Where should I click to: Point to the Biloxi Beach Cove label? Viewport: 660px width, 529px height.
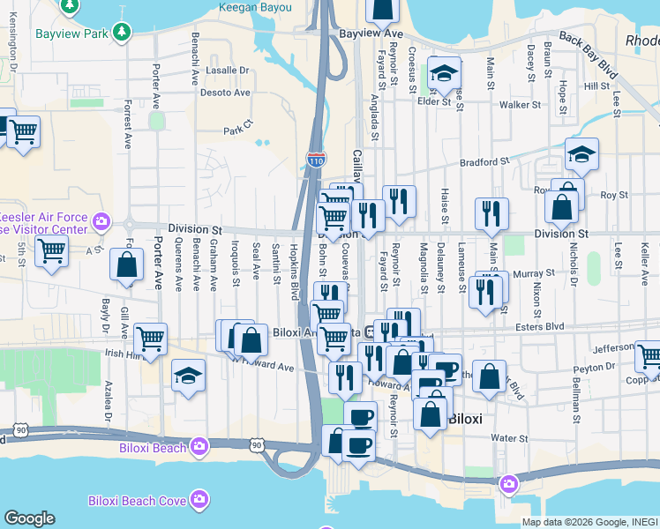[137, 501]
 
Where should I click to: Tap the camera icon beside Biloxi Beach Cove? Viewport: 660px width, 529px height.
[201, 500]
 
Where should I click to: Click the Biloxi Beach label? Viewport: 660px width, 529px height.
[153, 447]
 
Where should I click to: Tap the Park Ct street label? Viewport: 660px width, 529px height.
[237, 130]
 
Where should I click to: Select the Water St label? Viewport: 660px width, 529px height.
[509, 437]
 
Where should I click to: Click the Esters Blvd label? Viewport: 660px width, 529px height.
[539, 326]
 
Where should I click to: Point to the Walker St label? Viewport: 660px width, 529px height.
[520, 105]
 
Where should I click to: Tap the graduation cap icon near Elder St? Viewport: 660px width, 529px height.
[445, 72]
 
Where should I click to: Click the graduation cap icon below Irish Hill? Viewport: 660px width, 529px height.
[188, 376]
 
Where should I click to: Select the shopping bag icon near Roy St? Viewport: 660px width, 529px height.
[561, 207]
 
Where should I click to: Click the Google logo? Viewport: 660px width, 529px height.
[29, 518]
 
